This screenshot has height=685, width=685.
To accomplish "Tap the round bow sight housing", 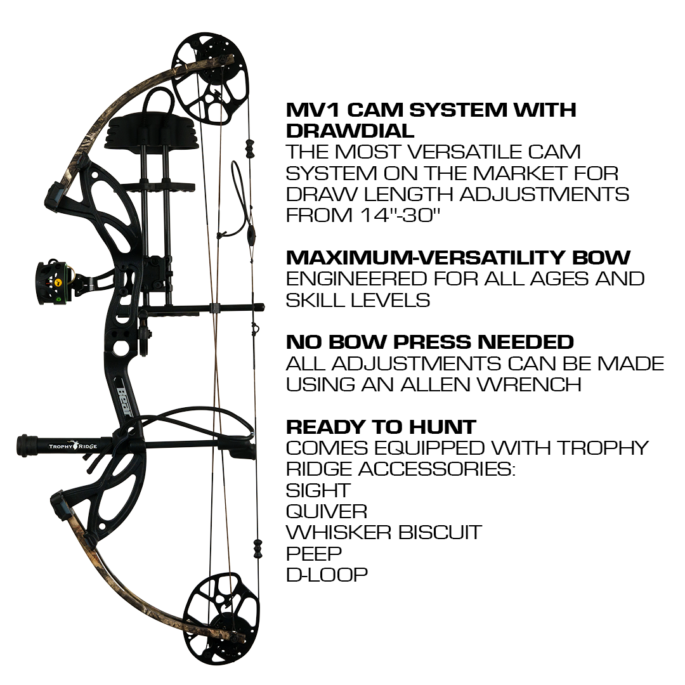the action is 51,283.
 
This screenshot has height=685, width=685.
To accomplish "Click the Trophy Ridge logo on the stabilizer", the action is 73,446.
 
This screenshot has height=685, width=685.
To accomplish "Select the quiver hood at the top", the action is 151,129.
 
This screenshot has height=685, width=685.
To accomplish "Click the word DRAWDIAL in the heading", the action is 350,131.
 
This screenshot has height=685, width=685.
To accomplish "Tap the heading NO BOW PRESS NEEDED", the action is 430,342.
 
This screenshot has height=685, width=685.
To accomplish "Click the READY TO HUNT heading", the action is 381,427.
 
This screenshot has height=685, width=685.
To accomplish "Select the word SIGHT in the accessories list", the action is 318,490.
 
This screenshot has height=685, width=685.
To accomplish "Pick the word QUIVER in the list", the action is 327,511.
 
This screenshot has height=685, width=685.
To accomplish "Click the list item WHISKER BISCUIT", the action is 384,532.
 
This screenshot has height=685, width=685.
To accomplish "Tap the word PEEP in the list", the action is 314,554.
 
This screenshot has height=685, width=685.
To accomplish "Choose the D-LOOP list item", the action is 327,575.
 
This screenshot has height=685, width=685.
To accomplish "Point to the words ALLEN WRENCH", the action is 490,384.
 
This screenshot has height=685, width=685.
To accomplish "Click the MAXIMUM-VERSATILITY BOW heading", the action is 459,258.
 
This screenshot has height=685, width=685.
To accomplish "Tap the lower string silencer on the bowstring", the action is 258,548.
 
